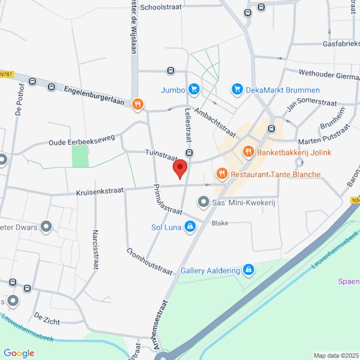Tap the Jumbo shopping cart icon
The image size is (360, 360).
(193, 89)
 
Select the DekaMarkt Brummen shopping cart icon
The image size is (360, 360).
(238, 89)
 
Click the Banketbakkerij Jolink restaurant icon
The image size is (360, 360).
(247, 152)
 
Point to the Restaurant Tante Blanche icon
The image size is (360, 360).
(222, 174)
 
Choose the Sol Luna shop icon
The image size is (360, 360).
(190, 226)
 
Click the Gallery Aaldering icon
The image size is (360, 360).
(248, 271)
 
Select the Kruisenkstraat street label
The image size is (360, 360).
(100, 192)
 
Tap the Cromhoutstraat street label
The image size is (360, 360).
(149, 260)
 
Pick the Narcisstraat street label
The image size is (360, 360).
(95, 248)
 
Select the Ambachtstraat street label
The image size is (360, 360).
(215, 124)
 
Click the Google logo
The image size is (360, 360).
(19, 353)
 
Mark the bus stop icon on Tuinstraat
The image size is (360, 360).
(190, 154)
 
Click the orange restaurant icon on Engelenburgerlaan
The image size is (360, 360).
(138, 104)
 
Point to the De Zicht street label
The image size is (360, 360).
(47, 318)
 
